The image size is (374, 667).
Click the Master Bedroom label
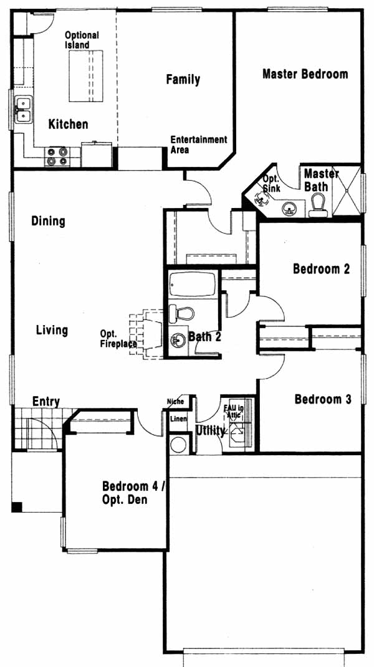pos(305,74)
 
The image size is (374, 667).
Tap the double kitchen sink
pos(24,110)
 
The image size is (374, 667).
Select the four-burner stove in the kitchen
pos(57,156)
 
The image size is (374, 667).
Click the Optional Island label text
pos(82,40)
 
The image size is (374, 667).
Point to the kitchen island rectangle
pos(86,76)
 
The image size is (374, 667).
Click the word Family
pos(183,80)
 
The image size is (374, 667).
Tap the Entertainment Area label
pos(199,144)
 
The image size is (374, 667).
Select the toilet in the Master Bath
pos(318,205)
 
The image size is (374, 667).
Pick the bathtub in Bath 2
pos(193,284)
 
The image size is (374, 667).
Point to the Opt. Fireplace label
pos(118,339)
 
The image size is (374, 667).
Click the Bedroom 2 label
pos(322,269)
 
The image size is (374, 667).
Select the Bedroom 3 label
pos(323,399)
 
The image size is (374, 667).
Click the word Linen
pos(178,419)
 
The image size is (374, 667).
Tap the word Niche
pos(176,401)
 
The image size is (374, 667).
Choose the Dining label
pos(49,221)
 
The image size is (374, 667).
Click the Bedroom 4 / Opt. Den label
pos(133,492)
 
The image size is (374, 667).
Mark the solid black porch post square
pos(17,506)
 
